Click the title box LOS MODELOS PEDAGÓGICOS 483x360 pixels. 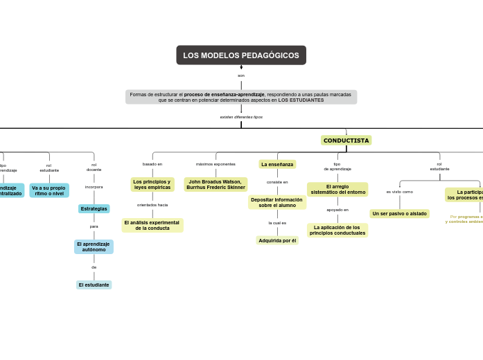[241, 55]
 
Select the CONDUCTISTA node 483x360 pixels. [346, 141]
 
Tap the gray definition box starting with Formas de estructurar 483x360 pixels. [241, 97]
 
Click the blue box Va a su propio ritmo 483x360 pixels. [49, 190]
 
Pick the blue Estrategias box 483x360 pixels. [94, 208]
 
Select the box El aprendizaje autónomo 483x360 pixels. [94, 246]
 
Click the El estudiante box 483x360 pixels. [94, 285]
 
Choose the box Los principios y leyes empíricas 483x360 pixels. [152, 184]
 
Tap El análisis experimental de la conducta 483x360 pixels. [152, 225]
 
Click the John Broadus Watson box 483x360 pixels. [216, 184]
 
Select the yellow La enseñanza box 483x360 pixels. [277, 164]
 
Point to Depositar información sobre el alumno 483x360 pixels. [277, 202]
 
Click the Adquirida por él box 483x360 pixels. [277, 240]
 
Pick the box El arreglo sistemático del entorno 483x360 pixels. [337, 189]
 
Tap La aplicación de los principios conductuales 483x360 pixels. [337, 230]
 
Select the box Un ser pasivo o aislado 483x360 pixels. [399, 213]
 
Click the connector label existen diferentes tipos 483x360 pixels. [241, 117]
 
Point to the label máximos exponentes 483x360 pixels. [216, 164]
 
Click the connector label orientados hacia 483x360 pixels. [152, 205]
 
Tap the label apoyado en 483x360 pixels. [337, 209]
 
